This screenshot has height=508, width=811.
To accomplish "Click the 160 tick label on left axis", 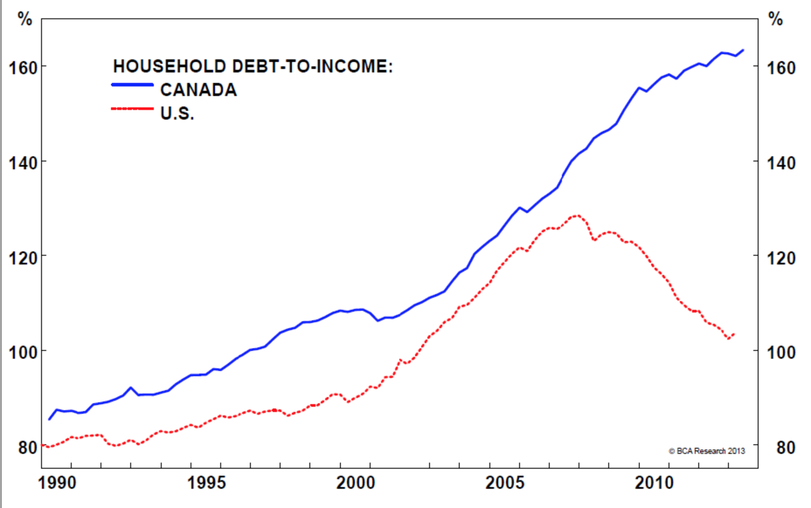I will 23,68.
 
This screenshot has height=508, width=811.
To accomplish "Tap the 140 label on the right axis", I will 781,163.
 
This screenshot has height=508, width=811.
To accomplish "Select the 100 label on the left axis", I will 23,352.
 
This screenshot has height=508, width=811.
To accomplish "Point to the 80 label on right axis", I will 785,447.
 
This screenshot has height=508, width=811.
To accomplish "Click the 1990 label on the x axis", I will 57,483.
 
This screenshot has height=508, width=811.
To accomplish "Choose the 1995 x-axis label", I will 206,483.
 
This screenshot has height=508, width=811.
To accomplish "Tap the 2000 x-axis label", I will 356,483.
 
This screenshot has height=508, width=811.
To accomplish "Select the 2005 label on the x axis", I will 505,483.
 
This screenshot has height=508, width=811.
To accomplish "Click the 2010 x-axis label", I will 654,483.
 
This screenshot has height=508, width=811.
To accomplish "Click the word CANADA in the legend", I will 198,90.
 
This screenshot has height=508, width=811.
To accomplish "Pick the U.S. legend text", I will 177,113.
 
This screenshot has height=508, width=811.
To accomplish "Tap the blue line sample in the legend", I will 132,85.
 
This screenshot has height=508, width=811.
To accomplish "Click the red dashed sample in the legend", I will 132,108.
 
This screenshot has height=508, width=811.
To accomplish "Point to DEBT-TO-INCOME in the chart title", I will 312,66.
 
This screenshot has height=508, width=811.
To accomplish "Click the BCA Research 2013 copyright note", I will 707,451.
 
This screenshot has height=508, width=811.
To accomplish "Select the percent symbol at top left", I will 24,19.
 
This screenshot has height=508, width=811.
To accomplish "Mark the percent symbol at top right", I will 775,19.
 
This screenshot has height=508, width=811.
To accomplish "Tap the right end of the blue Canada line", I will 743,50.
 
